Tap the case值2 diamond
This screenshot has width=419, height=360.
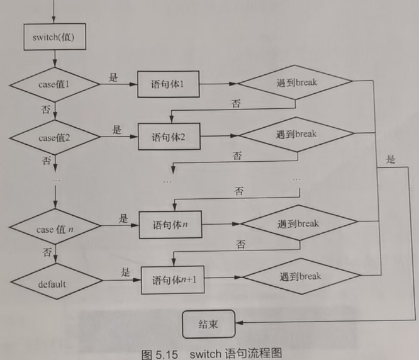coord(55,136)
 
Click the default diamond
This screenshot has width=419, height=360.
coord(55,283)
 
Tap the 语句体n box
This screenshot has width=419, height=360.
coord(171,224)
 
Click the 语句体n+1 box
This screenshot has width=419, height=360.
coord(173,278)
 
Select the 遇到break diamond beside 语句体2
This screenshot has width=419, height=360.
coord(296,134)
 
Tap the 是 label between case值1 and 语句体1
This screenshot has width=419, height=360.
coord(114,78)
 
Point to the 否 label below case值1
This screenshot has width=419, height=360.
coord(45,109)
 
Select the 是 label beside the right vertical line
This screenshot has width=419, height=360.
coord(391,159)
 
